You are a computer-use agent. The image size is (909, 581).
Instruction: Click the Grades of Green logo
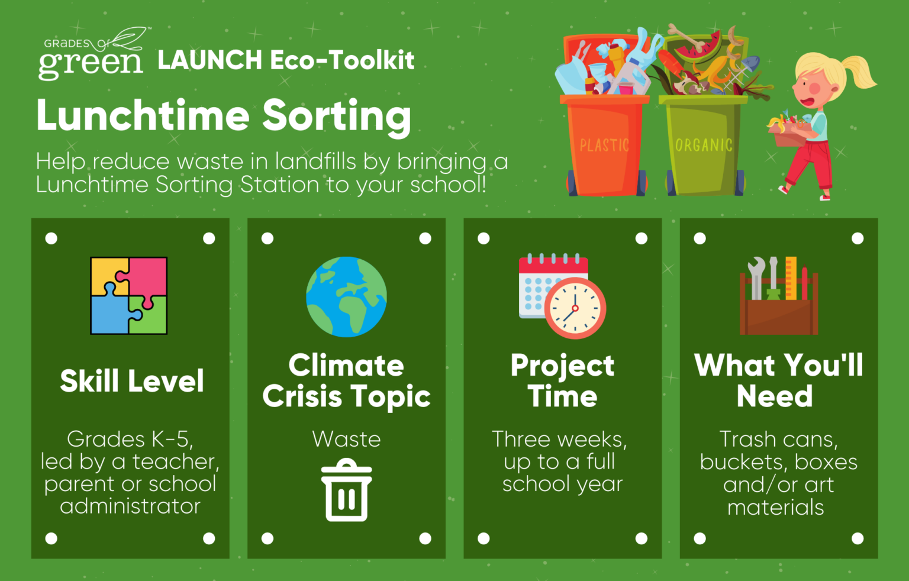pos(94,54)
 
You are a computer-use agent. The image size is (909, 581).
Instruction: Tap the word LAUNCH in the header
pos(210,60)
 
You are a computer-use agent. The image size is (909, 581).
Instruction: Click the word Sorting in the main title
pos(337,117)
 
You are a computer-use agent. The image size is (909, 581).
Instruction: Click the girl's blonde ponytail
pos(856,71)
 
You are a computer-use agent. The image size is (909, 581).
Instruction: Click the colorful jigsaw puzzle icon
pos(128,296)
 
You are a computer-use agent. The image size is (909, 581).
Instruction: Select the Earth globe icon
pos(346,296)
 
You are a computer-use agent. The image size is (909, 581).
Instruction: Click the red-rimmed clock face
pos(575,308)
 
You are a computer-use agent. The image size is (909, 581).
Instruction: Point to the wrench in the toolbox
pos(756,278)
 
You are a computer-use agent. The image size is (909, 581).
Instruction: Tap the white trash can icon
pos(346,490)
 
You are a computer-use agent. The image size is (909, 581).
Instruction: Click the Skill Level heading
pos(132,381)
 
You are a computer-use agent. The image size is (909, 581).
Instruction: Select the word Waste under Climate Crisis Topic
pos(347,439)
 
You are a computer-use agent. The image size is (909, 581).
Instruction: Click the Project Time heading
pos(562,380)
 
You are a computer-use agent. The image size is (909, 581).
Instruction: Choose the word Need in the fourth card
pos(775,396)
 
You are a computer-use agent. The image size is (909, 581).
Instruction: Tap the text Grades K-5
pos(130,439)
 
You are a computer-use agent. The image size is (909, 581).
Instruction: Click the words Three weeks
pos(560,440)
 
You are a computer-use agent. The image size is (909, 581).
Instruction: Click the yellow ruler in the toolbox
pos(791,278)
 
